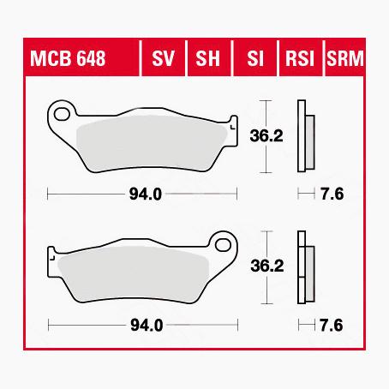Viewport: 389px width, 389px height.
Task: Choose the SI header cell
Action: point(254,60)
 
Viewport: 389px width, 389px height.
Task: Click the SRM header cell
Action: point(345,60)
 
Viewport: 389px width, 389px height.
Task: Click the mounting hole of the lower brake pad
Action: point(224,244)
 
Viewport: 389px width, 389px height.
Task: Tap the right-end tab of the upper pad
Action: point(231,123)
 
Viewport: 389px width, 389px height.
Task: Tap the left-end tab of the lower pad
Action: point(53,256)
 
